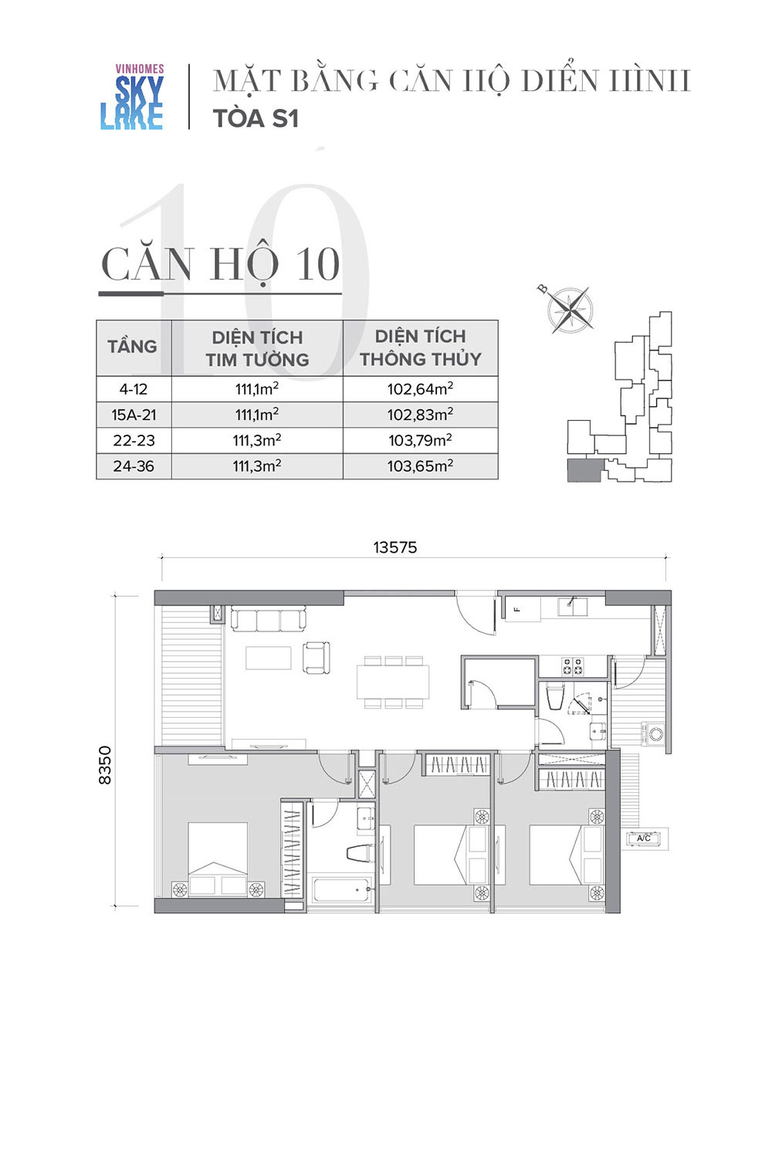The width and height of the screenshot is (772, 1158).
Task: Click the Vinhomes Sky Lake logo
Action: [132, 96]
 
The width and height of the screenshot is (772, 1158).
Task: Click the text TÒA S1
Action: [256, 118]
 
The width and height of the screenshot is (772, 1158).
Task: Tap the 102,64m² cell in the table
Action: [421, 389]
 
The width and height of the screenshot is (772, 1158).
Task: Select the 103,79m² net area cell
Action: [421, 441]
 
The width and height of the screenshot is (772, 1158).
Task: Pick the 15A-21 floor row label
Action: [134, 415]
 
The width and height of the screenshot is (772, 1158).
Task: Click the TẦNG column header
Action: [132, 347]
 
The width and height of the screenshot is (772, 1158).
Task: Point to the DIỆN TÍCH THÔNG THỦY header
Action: [421, 347]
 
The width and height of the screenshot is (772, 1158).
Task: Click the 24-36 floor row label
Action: [134, 466]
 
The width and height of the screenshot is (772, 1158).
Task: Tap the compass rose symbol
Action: [570, 310]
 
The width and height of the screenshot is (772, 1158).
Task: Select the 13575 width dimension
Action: [395, 547]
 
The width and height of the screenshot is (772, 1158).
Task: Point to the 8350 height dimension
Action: [104, 765]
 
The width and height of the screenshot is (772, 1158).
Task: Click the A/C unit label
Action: [643, 838]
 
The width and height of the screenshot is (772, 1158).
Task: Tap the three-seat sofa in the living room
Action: [268, 619]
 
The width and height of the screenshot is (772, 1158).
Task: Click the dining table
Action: [392, 682]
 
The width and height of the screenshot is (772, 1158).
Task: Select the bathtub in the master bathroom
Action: [341, 889]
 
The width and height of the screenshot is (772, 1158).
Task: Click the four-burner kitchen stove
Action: [572, 667]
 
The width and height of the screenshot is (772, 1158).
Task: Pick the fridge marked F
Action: [522, 608]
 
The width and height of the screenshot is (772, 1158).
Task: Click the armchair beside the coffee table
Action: [317, 658]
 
